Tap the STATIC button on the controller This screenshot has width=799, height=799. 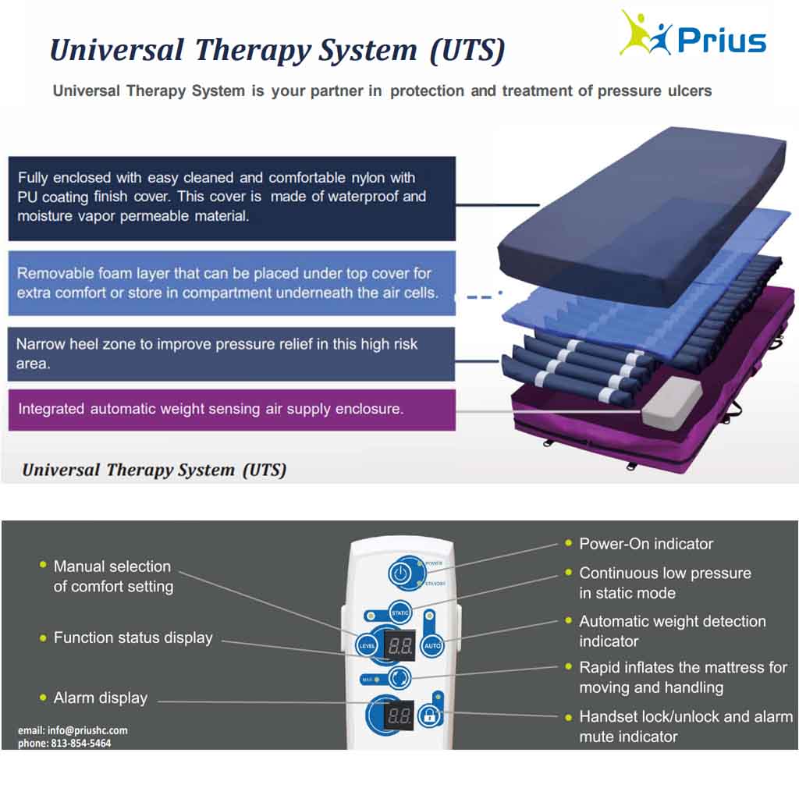[400, 612]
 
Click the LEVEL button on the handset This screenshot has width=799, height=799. [368, 646]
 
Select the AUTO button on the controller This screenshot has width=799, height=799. [431, 646]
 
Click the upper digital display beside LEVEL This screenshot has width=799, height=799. [399, 646]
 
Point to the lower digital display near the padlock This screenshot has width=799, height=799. [399, 715]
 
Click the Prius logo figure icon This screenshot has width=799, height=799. [645, 33]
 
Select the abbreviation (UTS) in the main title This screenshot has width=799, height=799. [467, 50]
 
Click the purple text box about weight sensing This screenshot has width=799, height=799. [231, 410]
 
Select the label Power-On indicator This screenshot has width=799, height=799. [646, 544]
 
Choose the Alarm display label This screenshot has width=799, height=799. [101, 698]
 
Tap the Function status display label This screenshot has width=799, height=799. [133, 638]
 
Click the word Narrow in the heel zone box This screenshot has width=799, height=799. [46, 344]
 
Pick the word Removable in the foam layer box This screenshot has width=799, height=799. [53, 274]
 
